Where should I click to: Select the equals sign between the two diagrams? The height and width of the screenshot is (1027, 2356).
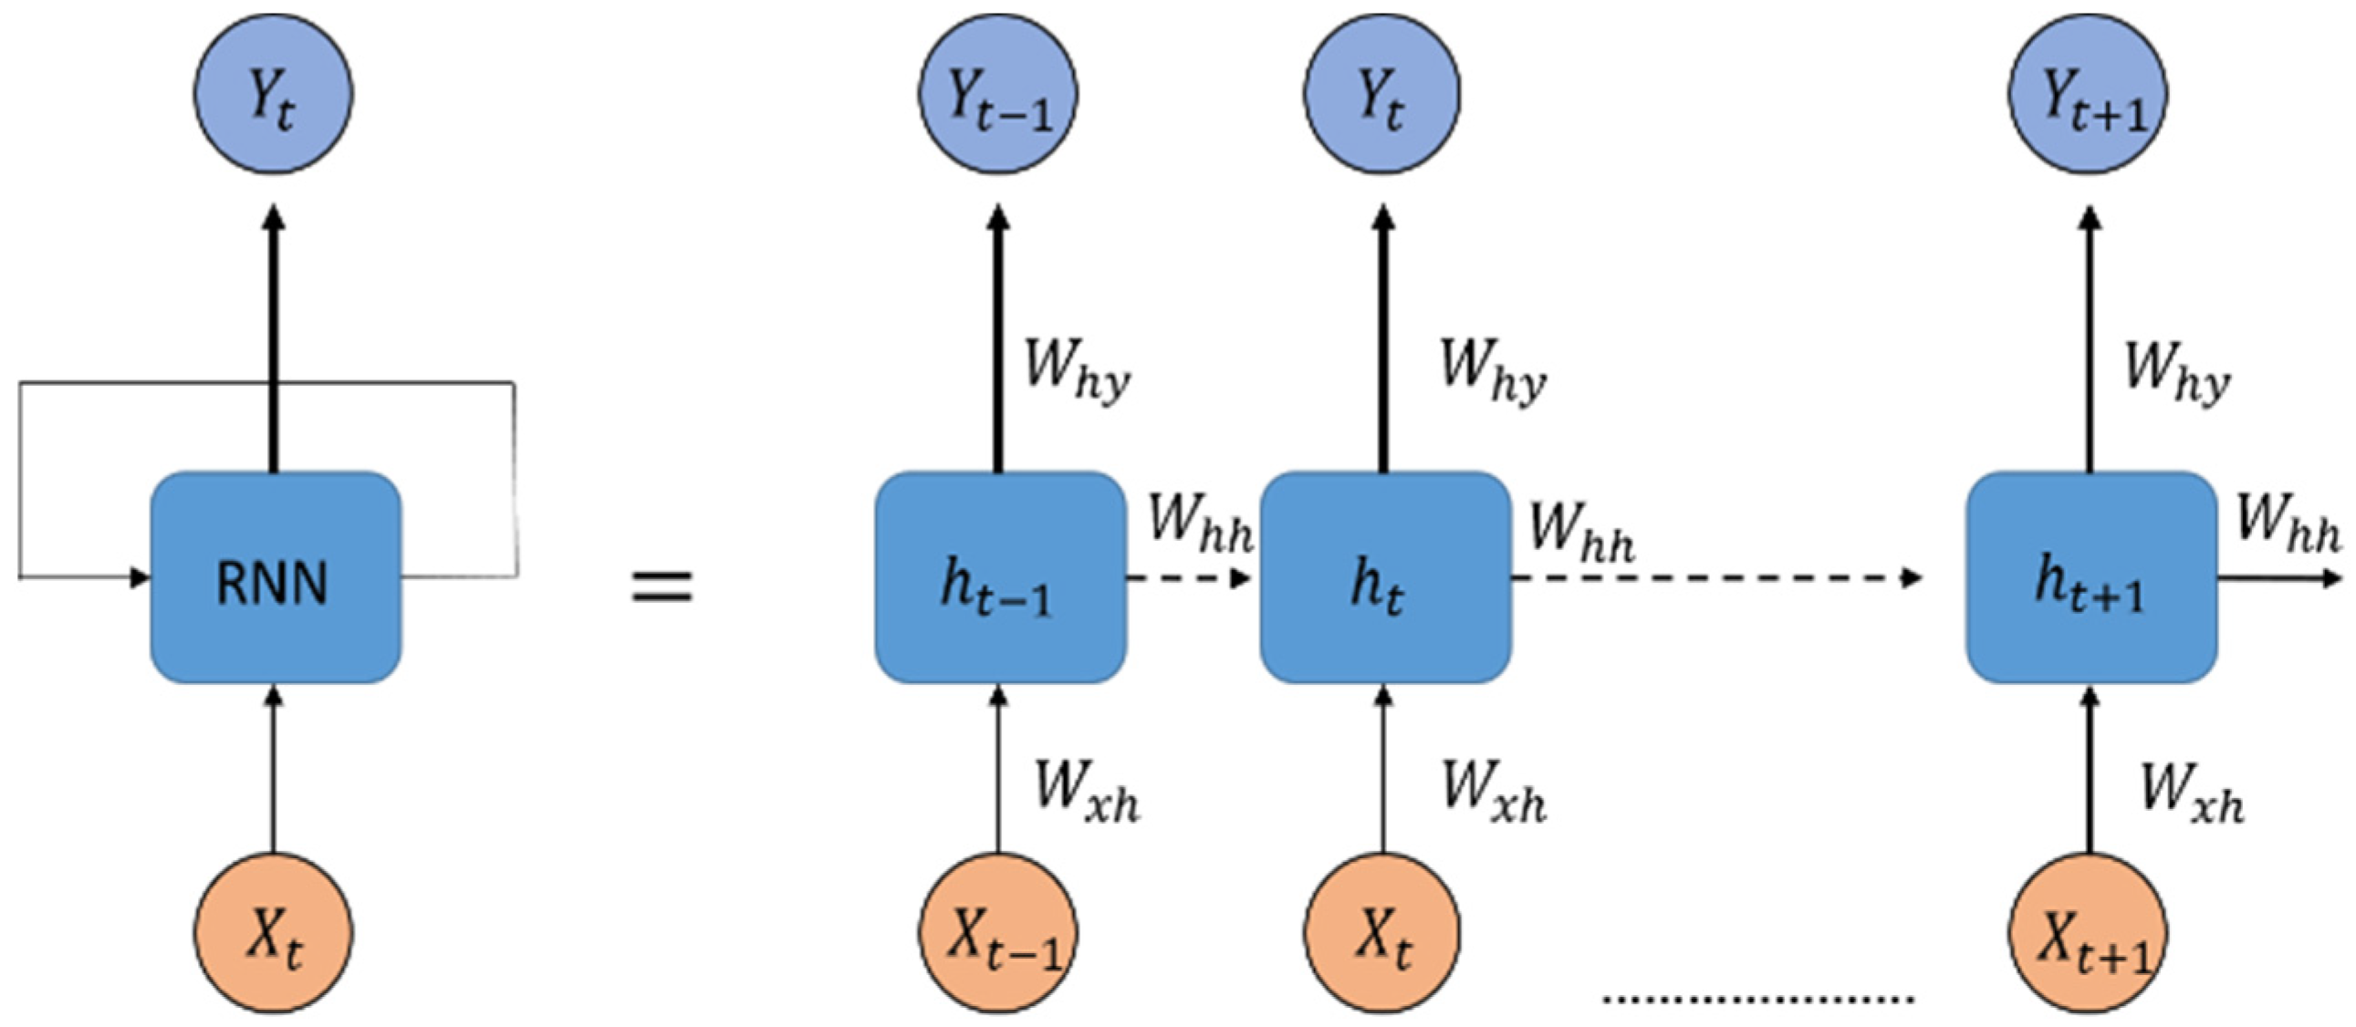click(x=662, y=586)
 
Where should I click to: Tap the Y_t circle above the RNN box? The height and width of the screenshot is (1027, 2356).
click(x=273, y=93)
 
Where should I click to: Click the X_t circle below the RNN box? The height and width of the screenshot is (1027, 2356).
click(x=273, y=934)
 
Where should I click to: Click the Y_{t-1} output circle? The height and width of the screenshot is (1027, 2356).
click(x=998, y=93)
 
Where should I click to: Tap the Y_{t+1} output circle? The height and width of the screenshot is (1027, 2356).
click(x=2088, y=93)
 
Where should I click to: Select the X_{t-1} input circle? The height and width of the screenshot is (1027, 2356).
click(x=998, y=934)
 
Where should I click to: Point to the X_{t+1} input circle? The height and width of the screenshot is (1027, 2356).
click(x=2088, y=934)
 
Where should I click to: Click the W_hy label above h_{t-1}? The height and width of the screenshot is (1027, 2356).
click(x=1077, y=370)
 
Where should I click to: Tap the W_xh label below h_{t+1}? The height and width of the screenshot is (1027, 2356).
click(x=2192, y=790)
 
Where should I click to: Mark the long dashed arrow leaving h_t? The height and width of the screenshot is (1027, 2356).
click(x=1715, y=578)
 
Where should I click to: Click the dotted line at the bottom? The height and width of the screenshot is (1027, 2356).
click(x=1758, y=998)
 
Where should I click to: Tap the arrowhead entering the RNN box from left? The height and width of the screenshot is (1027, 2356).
click(x=140, y=577)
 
